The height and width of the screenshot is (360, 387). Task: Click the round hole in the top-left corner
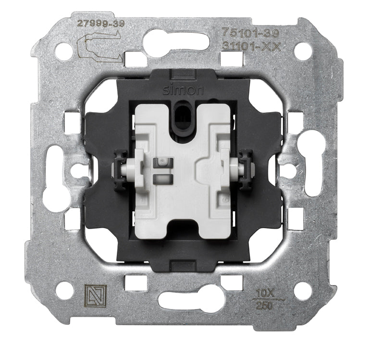click(x=63, y=51)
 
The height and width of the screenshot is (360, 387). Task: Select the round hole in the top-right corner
click(x=303, y=51)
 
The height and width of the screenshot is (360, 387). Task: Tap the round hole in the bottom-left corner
click(x=63, y=290)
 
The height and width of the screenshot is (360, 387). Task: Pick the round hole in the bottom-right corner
click(x=303, y=291)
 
